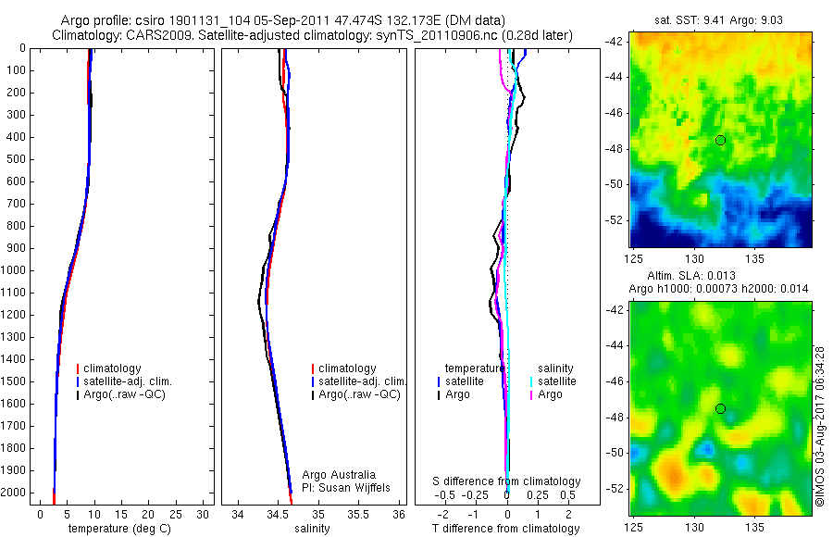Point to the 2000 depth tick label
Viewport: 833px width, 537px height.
[15, 493]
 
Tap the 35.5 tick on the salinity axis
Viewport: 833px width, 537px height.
[358, 514]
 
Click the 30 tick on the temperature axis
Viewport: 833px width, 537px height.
[204, 514]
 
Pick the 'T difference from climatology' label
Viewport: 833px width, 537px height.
[506, 529]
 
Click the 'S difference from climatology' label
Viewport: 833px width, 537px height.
[507, 481]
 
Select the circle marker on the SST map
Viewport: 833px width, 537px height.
[720, 140]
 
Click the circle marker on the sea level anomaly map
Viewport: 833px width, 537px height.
[720, 408]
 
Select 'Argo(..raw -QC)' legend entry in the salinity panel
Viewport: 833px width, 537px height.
[359, 394]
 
